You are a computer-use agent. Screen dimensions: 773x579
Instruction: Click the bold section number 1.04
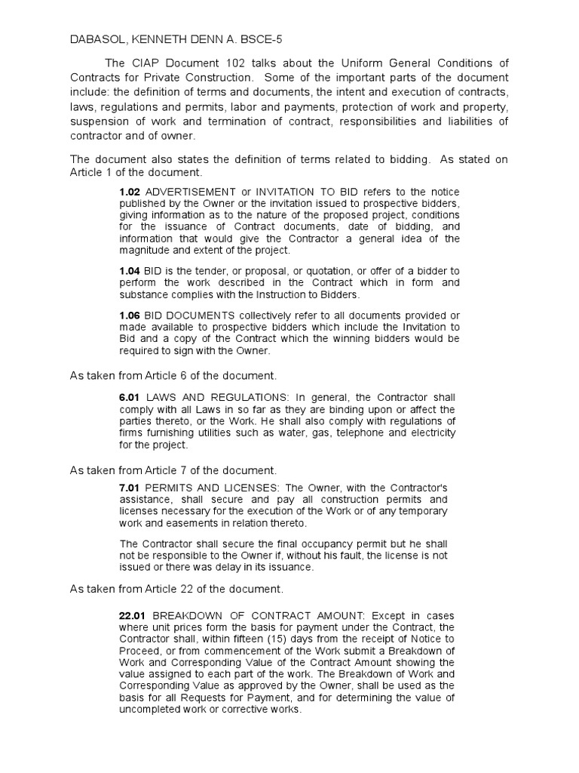coord(130,271)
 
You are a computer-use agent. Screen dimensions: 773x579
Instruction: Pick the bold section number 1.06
coord(130,314)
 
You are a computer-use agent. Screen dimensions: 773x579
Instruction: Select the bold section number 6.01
coord(130,398)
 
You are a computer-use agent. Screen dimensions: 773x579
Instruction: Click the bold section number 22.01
coord(133,617)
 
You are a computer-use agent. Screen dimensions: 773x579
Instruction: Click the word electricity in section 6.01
coord(430,433)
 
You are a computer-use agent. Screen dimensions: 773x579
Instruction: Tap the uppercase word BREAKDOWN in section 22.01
coord(188,617)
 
